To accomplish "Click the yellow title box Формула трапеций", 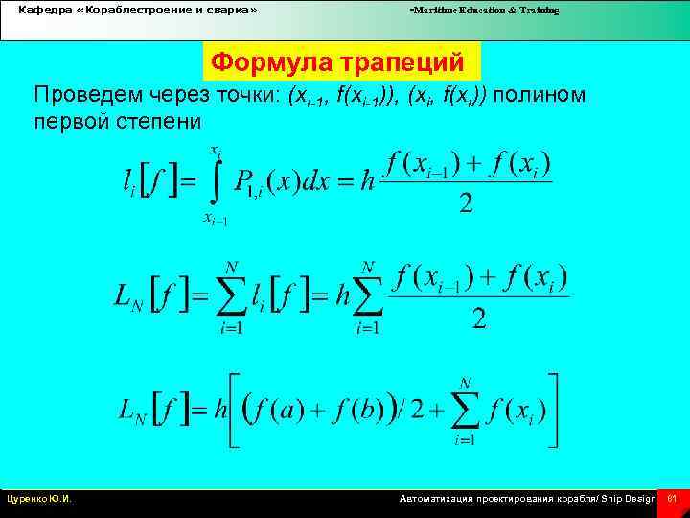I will [x=337, y=62].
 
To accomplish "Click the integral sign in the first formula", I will [x=215, y=182].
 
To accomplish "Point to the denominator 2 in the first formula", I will [x=466, y=202].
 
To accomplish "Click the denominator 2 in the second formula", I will [x=479, y=318].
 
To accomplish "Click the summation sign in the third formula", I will [x=466, y=411].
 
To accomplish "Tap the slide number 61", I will [x=672, y=499].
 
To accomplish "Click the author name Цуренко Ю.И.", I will [x=39, y=499].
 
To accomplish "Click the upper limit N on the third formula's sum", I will [x=466, y=383].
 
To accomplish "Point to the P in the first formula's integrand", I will [x=244, y=181].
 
